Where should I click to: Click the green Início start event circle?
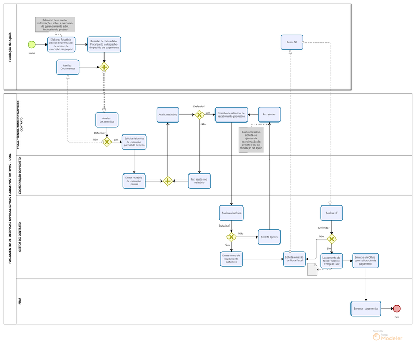point(32,44)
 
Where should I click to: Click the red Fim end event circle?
point(396,308)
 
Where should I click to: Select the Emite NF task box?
point(291,42)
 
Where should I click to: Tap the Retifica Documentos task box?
point(68,67)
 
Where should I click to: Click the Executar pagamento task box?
point(366,308)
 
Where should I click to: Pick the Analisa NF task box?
point(331,213)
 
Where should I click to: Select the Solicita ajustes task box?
point(269,237)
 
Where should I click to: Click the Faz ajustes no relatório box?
point(199,181)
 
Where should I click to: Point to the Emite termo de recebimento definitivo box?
point(231,258)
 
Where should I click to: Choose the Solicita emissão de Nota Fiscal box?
point(294,258)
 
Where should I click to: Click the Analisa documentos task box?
point(107,120)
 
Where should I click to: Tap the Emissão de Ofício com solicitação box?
point(365,260)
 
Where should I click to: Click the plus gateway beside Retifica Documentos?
point(104,67)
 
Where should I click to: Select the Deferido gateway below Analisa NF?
point(331,239)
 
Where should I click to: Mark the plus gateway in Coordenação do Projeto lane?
point(168,181)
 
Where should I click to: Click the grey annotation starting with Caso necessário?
point(251,140)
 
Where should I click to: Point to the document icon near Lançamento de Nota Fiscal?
point(313,269)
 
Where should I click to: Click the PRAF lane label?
point(19,301)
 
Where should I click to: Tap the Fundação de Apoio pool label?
point(10,47)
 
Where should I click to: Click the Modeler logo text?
point(391,338)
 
